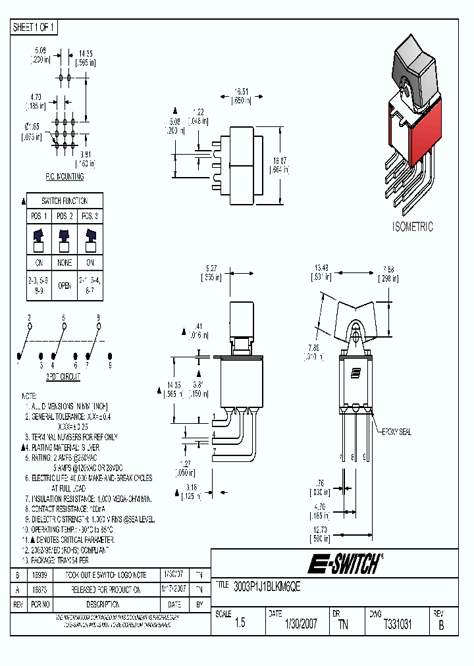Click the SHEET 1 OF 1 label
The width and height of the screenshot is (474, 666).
point(34,27)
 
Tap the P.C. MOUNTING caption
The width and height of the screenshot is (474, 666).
point(64,177)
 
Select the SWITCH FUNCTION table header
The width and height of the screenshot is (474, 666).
point(64,201)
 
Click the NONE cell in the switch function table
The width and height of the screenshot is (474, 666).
point(64,261)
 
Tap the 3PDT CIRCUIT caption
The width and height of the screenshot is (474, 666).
point(63,376)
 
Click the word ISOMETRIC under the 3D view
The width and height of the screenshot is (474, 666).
point(413,227)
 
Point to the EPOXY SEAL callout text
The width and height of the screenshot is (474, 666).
point(396,432)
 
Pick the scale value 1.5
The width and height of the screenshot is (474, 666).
point(240,624)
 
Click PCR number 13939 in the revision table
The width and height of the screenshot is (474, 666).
point(39,575)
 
